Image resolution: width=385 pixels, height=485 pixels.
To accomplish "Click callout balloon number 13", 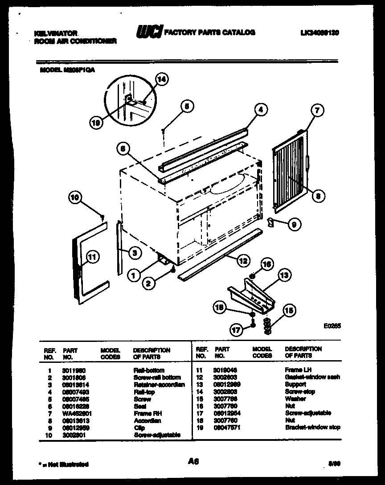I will pyautogui.click(x=284, y=275).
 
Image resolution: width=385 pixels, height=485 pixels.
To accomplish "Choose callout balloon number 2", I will pyautogui.click(x=149, y=281).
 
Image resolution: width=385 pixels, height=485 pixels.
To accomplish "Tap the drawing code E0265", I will pyautogui.click(x=332, y=326).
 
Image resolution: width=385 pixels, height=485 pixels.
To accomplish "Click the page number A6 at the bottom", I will pyautogui.click(x=192, y=463).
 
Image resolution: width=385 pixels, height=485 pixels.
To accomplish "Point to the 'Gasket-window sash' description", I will pyautogui.click(x=312, y=377).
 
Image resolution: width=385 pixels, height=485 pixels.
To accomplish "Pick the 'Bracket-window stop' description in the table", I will pyautogui.click(x=312, y=427).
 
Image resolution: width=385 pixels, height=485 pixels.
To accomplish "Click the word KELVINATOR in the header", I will pyautogui.click(x=56, y=33).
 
